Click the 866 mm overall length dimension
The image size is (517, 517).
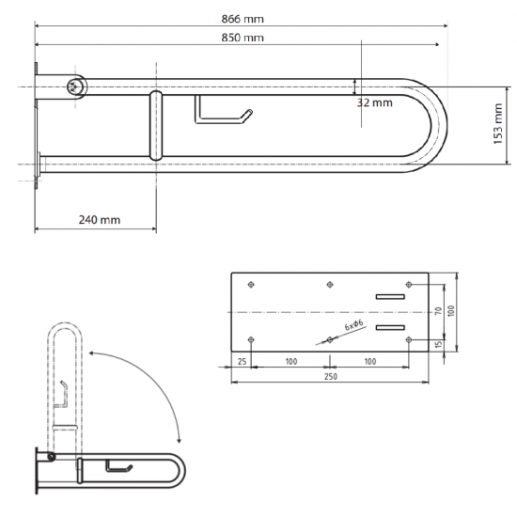click(x=241, y=19)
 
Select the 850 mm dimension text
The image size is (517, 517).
click(x=241, y=38)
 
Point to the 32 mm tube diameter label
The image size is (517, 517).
click(x=374, y=102)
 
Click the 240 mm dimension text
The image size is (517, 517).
click(x=97, y=219)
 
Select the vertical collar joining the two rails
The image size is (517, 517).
click(x=154, y=127)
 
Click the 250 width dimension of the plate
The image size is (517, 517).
click(x=329, y=376)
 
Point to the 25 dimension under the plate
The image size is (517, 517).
click(x=242, y=361)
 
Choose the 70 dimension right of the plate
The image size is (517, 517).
click(x=437, y=310)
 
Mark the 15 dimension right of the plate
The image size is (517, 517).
click(x=437, y=344)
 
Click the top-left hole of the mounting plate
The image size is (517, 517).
click(x=250, y=285)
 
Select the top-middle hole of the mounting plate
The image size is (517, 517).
click(x=329, y=285)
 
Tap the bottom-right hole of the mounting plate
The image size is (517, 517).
click(x=408, y=338)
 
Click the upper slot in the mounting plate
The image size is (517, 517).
click(x=390, y=297)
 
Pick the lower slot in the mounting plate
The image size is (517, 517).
click(x=390, y=327)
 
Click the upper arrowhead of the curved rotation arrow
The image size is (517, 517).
click(x=91, y=349)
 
